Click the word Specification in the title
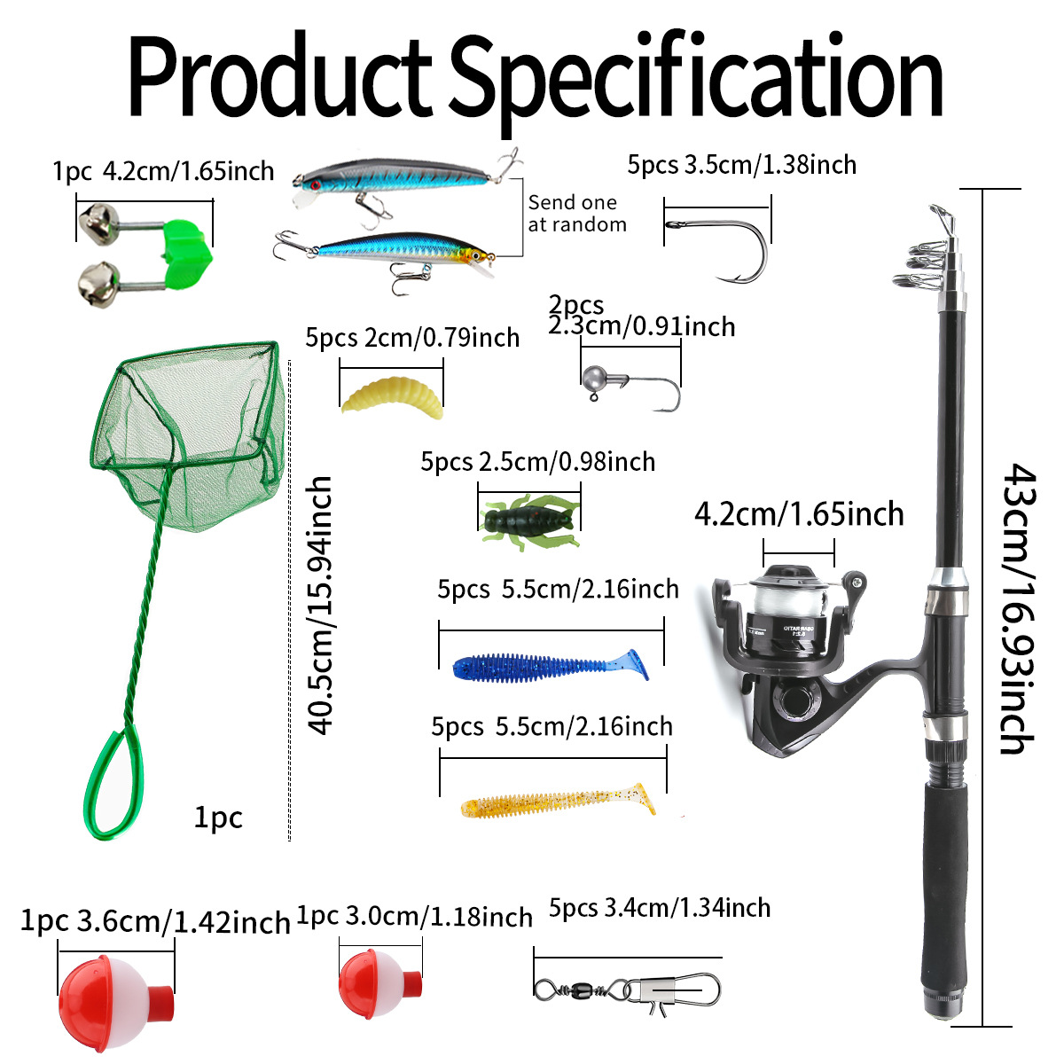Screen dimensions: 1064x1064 click(x=700, y=80)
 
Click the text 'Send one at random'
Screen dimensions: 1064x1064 click(x=576, y=214)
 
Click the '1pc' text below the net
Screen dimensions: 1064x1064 click(x=218, y=817)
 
